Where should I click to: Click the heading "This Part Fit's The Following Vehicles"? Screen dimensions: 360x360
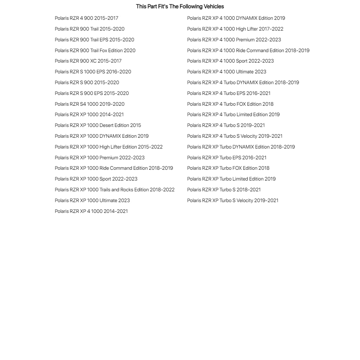pyautogui.click(x=180, y=6)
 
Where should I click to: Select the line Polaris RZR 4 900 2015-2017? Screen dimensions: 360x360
pyautogui.click(x=86, y=18)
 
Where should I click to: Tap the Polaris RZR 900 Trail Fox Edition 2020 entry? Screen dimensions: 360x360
pyautogui.click(x=95, y=51)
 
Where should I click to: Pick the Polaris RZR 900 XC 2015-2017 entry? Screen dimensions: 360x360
pyautogui.click(x=88, y=61)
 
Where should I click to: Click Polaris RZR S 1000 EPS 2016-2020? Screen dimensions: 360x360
pyautogui.click(x=93, y=72)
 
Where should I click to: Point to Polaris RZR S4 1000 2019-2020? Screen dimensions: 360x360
pyautogui.click(x=90, y=104)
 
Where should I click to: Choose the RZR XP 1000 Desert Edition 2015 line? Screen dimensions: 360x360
pyautogui.click(x=98, y=126)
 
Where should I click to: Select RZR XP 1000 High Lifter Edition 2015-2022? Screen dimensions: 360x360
pyautogui.click(x=109, y=147)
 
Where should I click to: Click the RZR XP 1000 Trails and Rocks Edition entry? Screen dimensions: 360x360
pyautogui.click(x=114, y=190)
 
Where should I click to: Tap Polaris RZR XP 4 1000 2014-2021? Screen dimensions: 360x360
pyautogui.click(x=91, y=211)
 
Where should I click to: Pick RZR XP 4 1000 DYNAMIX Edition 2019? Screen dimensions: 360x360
pyautogui.click(x=236, y=18)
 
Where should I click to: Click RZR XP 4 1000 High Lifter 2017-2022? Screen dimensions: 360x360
pyautogui.click(x=235, y=29)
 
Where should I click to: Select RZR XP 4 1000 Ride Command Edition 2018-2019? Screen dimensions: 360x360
pyautogui.click(x=248, y=51)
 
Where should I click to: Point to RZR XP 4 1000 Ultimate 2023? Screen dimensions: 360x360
pyautogui.click(x=227, y=72)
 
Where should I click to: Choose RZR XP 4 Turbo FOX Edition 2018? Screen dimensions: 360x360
pyautogui.click(x=230, y=104)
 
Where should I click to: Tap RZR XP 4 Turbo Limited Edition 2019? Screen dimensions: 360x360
pyautogui.click(x=233, y=115)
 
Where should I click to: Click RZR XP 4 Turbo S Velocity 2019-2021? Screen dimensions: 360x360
pyautogui.click(x=234, y=136)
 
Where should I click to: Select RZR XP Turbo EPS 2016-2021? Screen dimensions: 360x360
pyautogui.click(x=227, y=158)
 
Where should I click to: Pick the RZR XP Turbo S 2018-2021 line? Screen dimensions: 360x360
pyautogui.click(x=224, y=190)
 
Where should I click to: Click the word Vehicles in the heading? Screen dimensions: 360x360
pyautogui.click(x=214, y=6)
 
